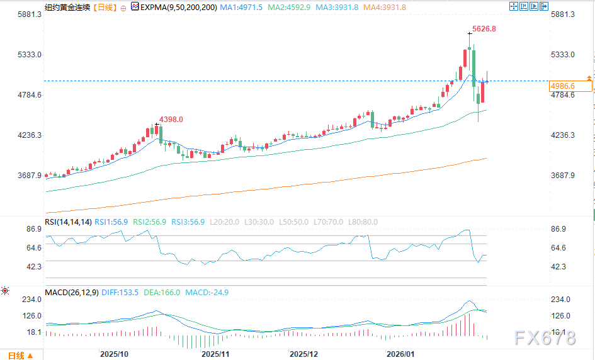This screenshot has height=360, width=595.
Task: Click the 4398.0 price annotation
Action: [x=171, y=120]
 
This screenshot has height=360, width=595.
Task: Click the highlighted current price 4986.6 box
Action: [x=570, y=86]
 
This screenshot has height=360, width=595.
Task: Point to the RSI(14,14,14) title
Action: [x=68, y=222]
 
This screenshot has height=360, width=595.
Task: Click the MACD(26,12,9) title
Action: [x=71, y=293]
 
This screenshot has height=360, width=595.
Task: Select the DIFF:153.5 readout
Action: [x=120, y=293]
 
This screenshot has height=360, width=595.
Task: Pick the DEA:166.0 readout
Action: [x=162, y=293]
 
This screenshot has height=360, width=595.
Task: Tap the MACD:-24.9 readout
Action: [x=207, y=293]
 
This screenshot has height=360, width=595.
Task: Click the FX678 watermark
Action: [x=545, y=339]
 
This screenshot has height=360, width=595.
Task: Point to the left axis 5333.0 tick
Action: [x=30, y=55]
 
